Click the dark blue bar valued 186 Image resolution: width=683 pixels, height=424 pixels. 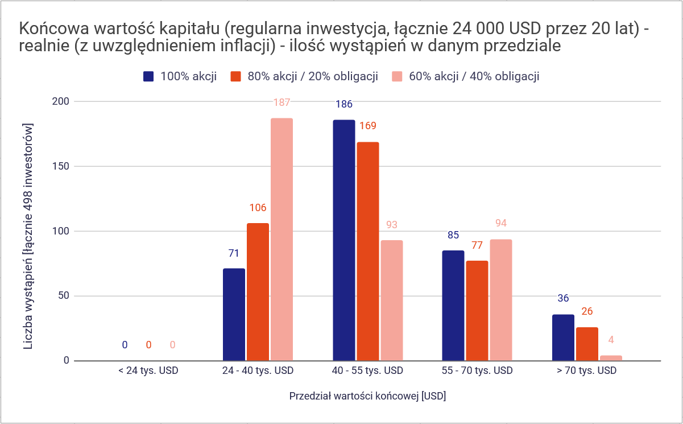pyautogui.click(x=344, y=240)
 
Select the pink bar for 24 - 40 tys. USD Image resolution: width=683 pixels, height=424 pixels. pyautogui.click(x=282, y=239)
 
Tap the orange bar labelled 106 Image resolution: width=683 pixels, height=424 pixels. pyautogui.click(x=258, y=291)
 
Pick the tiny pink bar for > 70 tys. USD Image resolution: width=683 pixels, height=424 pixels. pyautogui.click(x=611, y=358)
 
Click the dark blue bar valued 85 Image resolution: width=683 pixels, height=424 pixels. pyautogui.click(x=453, y=305)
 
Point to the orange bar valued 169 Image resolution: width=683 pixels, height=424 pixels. pyautogui.click(x=368, y=251)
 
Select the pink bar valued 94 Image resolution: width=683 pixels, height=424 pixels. pyautogui.click(x=500, y=299)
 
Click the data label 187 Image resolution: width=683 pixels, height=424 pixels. pyautogui.click(x=282, y=103)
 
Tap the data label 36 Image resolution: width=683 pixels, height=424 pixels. pyautogui.click(x=563, y=298)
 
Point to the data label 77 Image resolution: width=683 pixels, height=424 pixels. pyautogui.click(x=477, y=246)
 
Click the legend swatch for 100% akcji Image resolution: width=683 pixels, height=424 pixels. pyautogui.click(x=149, y=77)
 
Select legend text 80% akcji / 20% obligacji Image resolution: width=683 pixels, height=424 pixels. pyautogui.click(x=313, y=77)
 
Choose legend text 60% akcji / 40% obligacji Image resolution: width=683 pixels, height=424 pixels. pyautogui.click(x=474, y=77)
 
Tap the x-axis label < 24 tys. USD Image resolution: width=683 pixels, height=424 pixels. pyautogui.click(x=148, y=371)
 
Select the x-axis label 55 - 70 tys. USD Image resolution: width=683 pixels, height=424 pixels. pyautogui.click(x=477, y=371)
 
